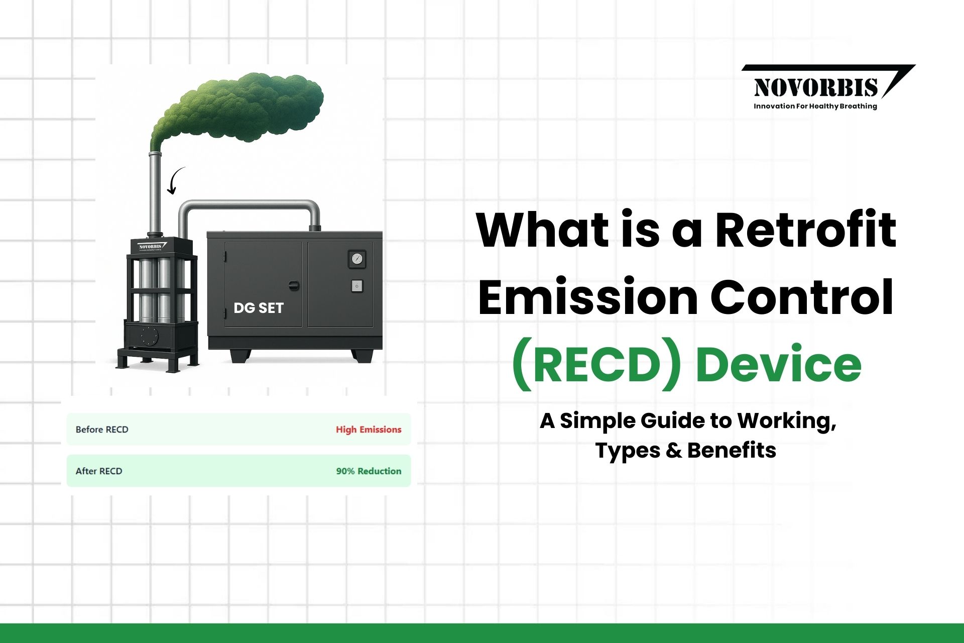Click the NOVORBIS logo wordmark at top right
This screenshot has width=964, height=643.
[816, 87]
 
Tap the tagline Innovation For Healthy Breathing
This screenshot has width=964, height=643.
[815, 106]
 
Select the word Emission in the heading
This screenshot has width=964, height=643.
[588, 297]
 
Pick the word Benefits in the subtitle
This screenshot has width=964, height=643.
[732, 450]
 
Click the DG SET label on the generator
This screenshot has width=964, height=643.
[259, 308]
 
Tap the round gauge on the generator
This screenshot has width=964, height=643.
[357, 259]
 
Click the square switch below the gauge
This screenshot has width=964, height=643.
[356, 286]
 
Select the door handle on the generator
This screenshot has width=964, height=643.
[294, 285]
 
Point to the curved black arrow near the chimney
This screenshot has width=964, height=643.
[175, 181]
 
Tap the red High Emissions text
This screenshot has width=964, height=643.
[369, 430]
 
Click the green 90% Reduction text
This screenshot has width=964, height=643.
[369, 471]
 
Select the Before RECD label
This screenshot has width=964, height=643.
[102, 430]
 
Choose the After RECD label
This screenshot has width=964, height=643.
[99, 471]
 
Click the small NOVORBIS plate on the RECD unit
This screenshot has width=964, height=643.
[152, 247]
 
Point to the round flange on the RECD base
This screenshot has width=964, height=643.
[149, 335]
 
